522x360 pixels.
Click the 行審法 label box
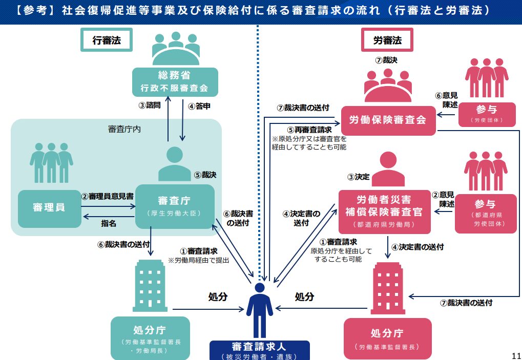(x=107, y=40)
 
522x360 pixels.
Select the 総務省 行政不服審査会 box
(x=175, y=81)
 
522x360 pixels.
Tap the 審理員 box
(x=49, y=208)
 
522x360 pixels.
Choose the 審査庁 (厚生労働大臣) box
(x=175, y=206)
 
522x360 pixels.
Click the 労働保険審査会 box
(x=388, y=120)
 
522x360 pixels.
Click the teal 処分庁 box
(x=150, y=337)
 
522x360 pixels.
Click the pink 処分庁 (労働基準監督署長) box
(x=387, y=338)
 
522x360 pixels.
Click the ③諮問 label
(x=150, y=106)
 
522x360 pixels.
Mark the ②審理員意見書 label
(x=108, y=196)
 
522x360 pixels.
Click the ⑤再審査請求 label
(x=309, y=130)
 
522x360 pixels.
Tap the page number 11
(x=516, y=354)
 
